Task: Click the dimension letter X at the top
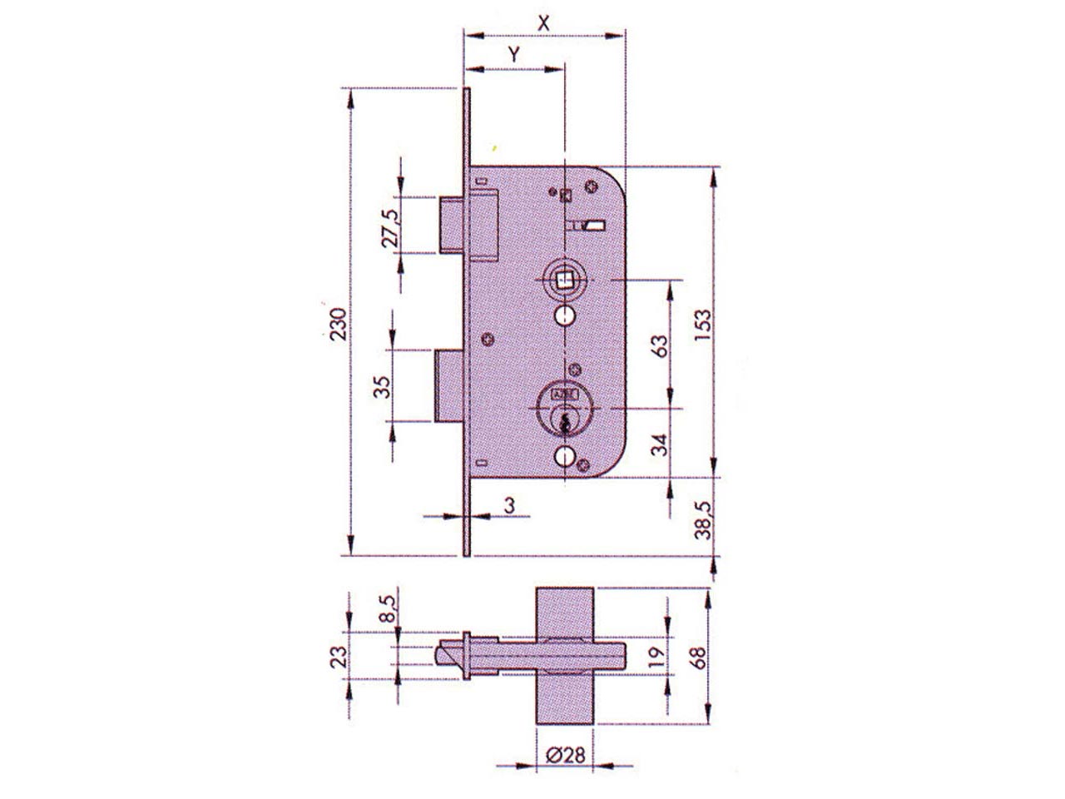543,22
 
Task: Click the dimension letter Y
514,55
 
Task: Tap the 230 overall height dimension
339,324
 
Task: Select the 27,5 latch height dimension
391,228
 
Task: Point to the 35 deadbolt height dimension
383,387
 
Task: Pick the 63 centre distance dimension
661,346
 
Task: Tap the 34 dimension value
659,444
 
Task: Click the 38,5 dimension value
703,520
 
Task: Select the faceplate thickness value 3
509,505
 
